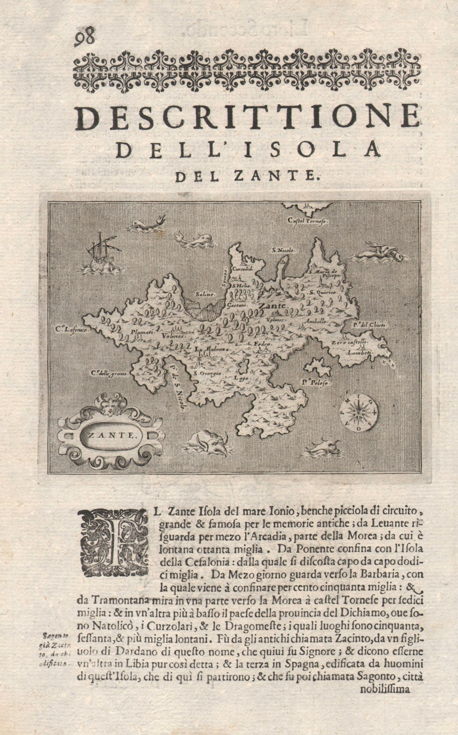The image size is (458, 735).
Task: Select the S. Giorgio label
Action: (x=207, y=373)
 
